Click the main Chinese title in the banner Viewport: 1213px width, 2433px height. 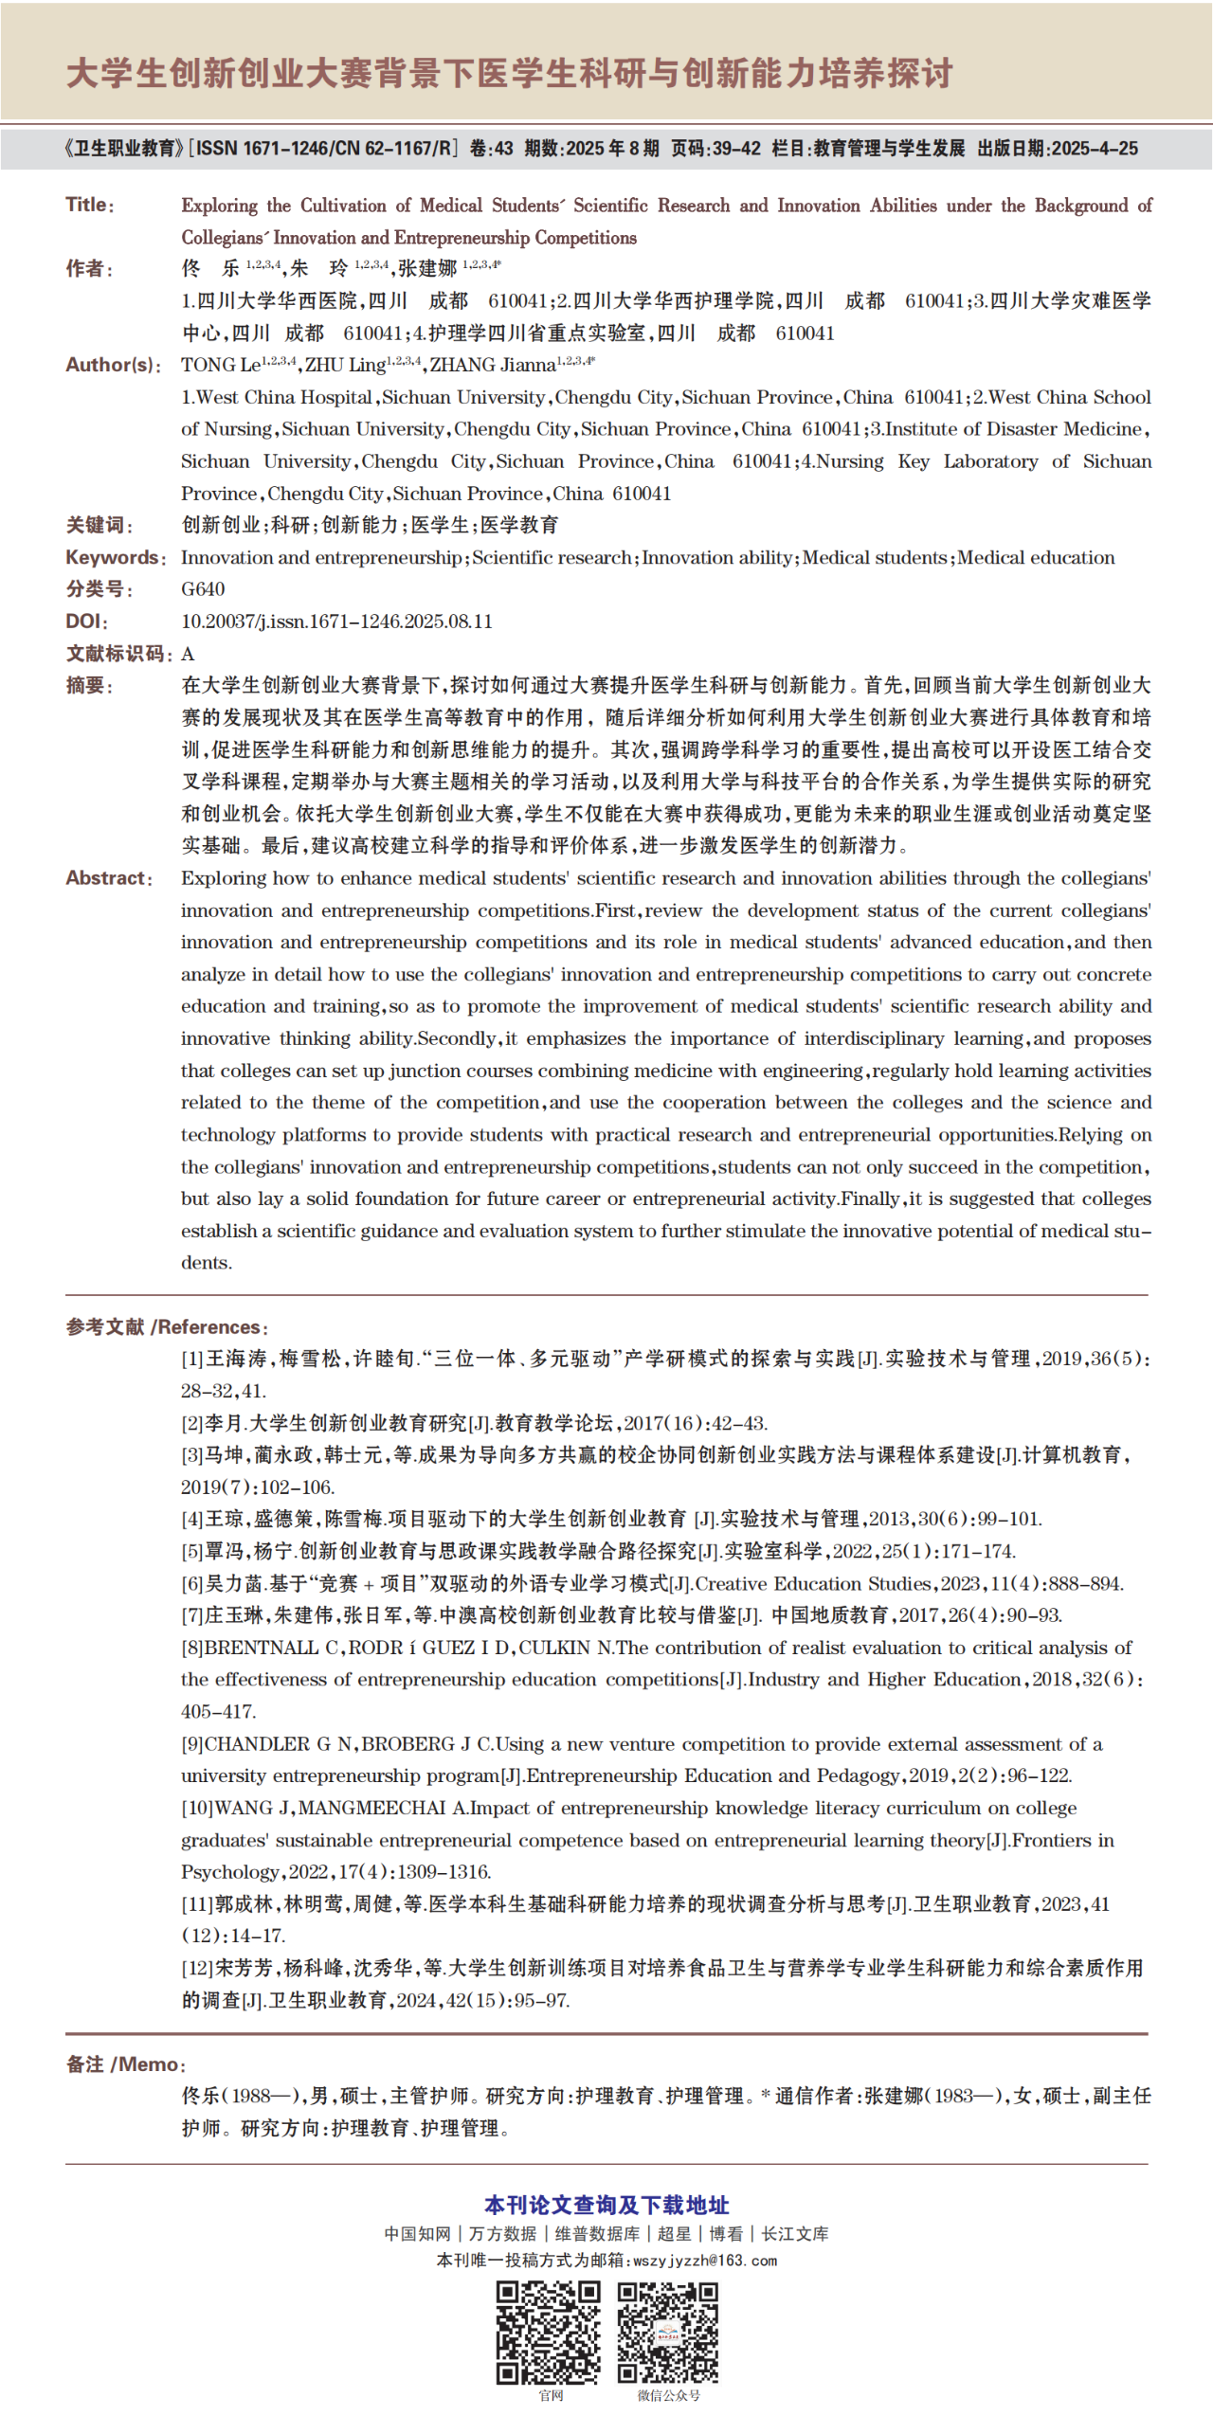tap(509, 73)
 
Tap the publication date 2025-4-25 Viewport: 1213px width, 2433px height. tap(1095, 149)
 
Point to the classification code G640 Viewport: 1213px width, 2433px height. tap(203, 589)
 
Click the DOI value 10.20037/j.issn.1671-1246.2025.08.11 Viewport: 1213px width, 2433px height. tap(336, 622)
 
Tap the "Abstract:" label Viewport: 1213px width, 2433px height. tap(108, 878)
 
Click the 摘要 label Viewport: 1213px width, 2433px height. tap(88, 686)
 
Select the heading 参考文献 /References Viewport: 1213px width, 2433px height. tap(167, 1326)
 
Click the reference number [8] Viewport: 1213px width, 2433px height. tap(192, 1648)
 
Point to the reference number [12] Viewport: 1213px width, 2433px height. tap(197, 1968)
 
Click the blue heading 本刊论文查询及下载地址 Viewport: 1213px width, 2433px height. tap(606, 2205)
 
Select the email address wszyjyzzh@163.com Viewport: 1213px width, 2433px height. tap(705, 2260)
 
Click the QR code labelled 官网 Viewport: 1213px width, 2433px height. tap(549, 2332)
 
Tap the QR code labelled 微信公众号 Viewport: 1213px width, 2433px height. tap(668, 2332)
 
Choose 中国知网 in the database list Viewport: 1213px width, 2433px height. tap(417, 2233)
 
